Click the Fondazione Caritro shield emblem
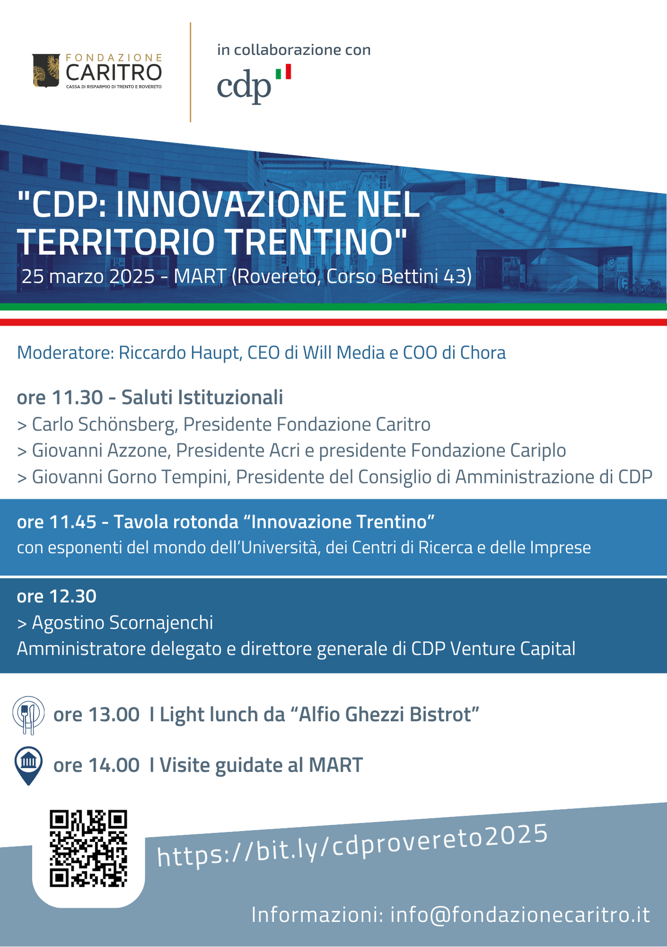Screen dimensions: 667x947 46,71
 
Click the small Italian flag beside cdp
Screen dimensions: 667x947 283,72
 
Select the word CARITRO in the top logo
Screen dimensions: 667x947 114,73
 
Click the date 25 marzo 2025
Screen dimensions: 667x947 89,276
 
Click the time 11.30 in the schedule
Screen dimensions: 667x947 77,397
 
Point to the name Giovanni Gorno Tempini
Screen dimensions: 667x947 131,477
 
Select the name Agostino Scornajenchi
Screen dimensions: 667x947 122,623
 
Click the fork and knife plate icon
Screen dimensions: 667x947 28,715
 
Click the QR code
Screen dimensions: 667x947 89,848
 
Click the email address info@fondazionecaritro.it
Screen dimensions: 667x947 520,915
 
